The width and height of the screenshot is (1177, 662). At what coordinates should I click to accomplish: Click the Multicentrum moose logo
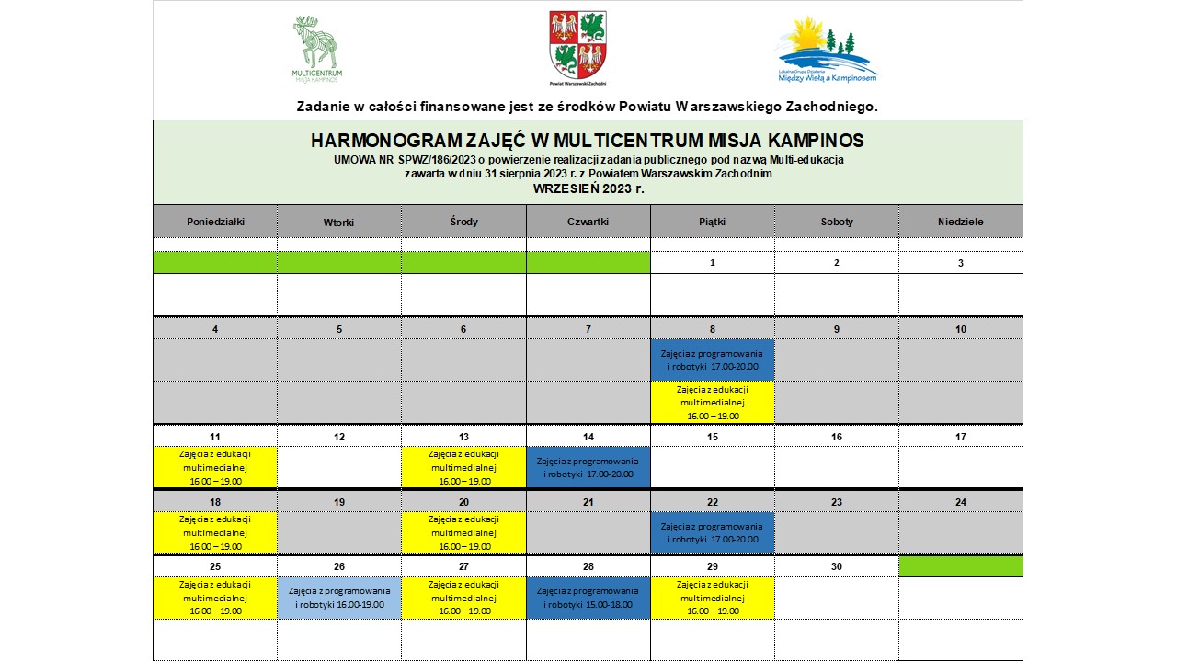(x=315, y=48)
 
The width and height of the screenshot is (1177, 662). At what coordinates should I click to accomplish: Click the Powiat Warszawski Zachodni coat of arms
(x=577, y=46)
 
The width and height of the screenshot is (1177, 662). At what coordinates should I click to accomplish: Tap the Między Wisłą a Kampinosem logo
(x=828, y=50)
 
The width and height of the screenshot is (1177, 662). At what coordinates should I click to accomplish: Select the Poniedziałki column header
(x=215, y=222)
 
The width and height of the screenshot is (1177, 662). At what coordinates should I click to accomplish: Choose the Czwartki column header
(x=588, y=222)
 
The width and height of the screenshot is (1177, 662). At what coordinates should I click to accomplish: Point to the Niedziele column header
(x=961, y=222)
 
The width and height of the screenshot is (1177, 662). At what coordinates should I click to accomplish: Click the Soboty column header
(x=837, y=222)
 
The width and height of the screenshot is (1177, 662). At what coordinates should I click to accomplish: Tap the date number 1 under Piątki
(x=713, y=263)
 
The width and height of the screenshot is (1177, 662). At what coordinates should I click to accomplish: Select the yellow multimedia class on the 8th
(x=713, y=402)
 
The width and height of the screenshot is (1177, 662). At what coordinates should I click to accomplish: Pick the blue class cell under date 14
(x=588, y=467)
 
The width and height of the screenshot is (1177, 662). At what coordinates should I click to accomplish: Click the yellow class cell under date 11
(x=215, y=467)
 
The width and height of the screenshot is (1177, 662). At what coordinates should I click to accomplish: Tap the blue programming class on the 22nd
(x=713, y=532)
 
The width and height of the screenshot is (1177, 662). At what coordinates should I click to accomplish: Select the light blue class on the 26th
(x=339, y=598)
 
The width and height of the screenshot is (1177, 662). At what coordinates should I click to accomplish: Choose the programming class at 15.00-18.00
(x=588, y=598)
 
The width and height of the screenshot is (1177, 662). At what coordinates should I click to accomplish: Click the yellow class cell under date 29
(x=713, y=598)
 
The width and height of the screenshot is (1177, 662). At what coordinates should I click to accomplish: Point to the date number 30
(x=837, y=566)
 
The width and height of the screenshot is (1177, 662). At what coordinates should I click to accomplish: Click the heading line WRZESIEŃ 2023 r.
(x=588, y=188)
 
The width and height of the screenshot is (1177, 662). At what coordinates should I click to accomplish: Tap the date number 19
(x=339, y=502)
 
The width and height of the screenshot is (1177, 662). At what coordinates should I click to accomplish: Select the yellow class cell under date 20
(x=463, y=532)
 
